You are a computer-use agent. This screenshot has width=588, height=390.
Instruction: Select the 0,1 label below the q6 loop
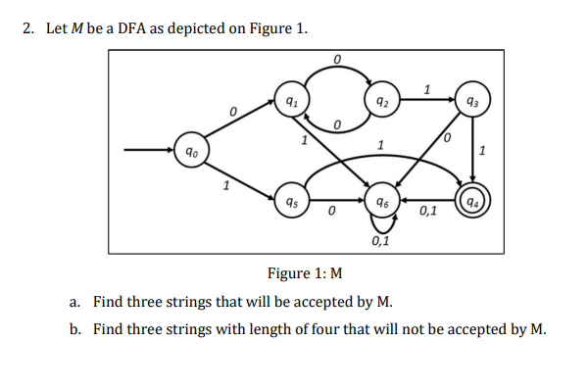pyautogui.click(x=378, y=241)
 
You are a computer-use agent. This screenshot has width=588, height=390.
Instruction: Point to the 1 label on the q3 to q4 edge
pyautogui.click(x=483, y=150)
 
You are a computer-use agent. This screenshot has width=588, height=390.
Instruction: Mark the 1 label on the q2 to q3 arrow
pyautogui.click(x=425, y=89)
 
